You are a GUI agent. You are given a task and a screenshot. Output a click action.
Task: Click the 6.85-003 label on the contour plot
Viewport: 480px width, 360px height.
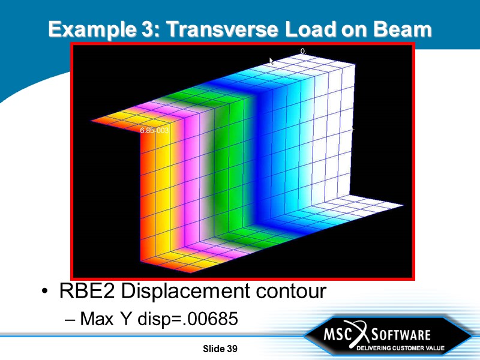(154, 130)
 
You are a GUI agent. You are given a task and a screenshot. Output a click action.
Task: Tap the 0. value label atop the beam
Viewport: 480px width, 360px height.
(303, 52)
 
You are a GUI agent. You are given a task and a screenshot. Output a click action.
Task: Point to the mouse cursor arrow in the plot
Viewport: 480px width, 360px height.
(272, 61)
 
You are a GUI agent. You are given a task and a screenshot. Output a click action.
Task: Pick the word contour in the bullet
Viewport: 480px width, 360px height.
(290, 292)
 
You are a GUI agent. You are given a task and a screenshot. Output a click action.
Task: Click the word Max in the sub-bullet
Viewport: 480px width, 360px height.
(96, 319)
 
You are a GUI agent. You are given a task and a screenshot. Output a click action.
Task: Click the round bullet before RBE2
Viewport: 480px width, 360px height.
(46, 293)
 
